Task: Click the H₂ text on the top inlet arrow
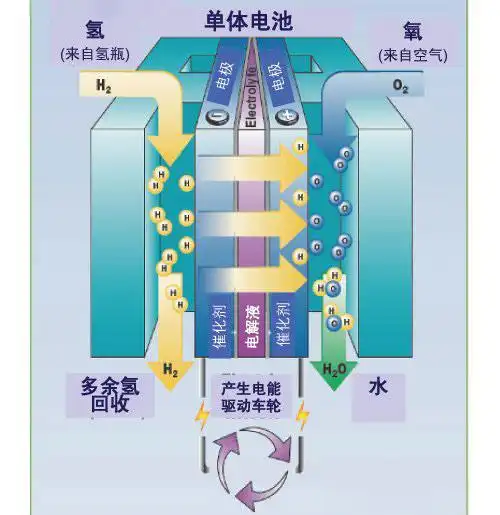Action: coord(103,87)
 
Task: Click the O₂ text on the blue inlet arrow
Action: coord(401,88)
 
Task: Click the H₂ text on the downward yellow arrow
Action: coord(170,370)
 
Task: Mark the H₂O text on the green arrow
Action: coord(334,369)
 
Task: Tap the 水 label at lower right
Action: coord(378,386)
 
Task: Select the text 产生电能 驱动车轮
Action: coord(250,396)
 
